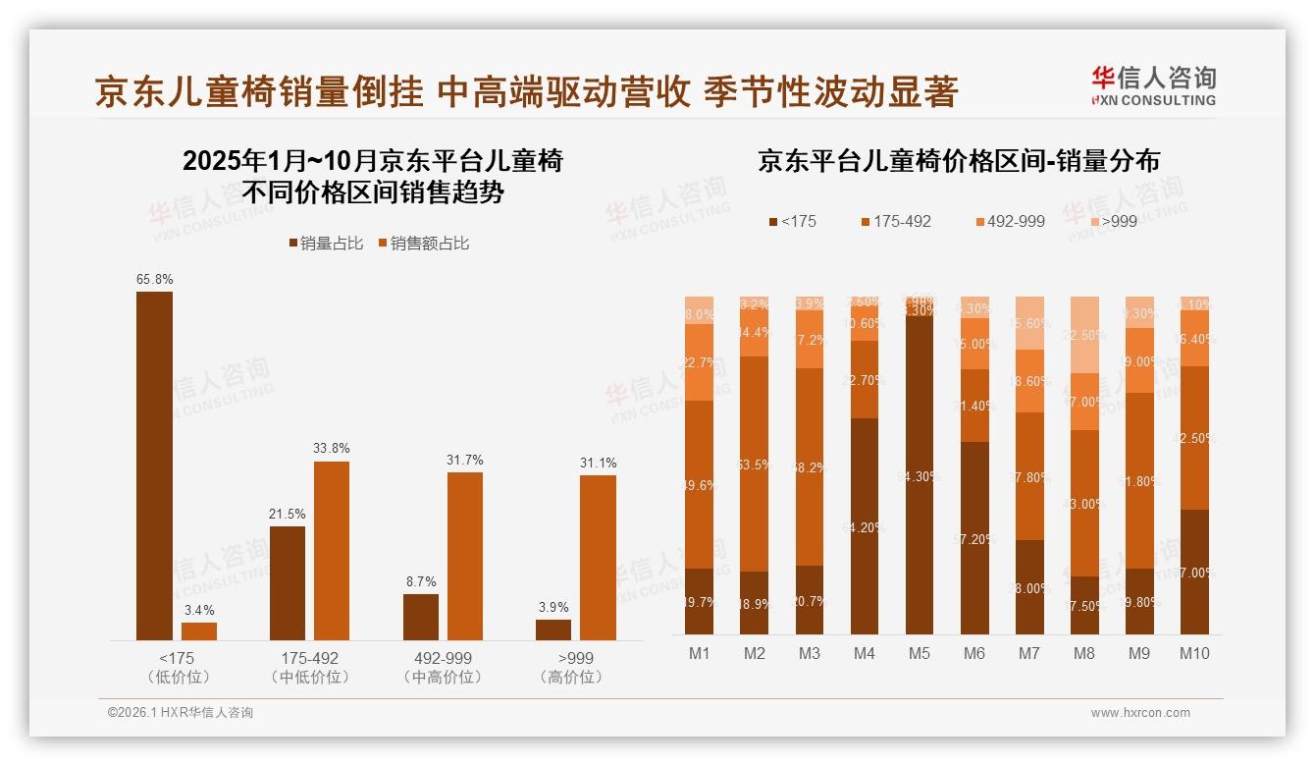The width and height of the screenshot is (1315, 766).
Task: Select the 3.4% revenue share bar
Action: [x=199, y=630]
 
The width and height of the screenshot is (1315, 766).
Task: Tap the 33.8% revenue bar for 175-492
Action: [x=332, y=550]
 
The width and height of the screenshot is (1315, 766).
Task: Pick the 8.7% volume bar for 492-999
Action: [x=420, y=617]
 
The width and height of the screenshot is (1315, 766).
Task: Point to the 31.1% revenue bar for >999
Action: [x=598, y=557]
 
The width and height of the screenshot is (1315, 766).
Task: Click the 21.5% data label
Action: [x=288, y=514]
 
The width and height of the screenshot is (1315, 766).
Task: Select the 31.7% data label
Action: [x=464, y=460]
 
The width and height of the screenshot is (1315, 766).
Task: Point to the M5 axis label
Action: [x=919, y=653]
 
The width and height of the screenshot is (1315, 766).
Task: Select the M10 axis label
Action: [x=1194, y=653]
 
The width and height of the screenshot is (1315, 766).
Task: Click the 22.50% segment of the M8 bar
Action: [x=1084, y=335]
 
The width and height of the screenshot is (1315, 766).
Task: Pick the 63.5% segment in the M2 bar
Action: [x=754, y=464]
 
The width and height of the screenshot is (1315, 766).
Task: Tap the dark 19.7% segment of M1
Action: [x=699, y=601]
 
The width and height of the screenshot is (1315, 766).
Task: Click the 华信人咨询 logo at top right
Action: [x=1153, y=84]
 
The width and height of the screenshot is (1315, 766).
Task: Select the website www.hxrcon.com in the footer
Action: [x=1140, y=713]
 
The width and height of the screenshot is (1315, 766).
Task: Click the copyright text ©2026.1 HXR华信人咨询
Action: [x=181, y=713]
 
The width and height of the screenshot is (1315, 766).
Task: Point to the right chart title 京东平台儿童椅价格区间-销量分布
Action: [x=958, y=161]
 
